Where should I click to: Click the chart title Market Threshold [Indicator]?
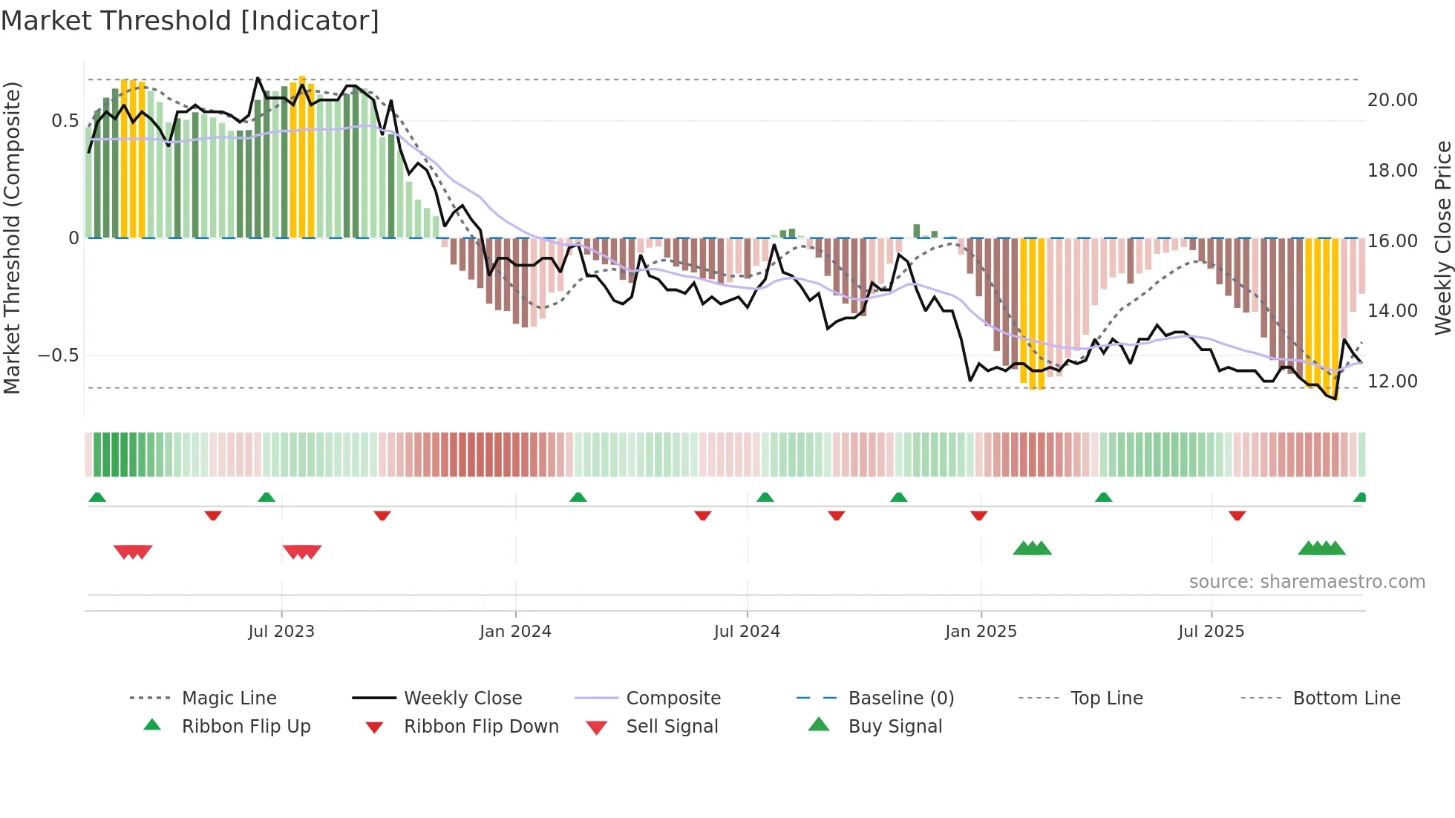pos(190,21)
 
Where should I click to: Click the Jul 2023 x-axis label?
pos(281,632)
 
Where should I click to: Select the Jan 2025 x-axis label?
pos(981,632)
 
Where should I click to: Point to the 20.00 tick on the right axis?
pos(1392,100)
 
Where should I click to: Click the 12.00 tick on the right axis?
pos(1392,382)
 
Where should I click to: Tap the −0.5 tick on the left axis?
pos(59,356)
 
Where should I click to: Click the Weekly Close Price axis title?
pos(1442,238)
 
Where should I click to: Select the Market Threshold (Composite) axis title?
pos(12,238)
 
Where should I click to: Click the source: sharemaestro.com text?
pos(1307,582)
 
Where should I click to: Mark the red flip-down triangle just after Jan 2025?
pos(978,515)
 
